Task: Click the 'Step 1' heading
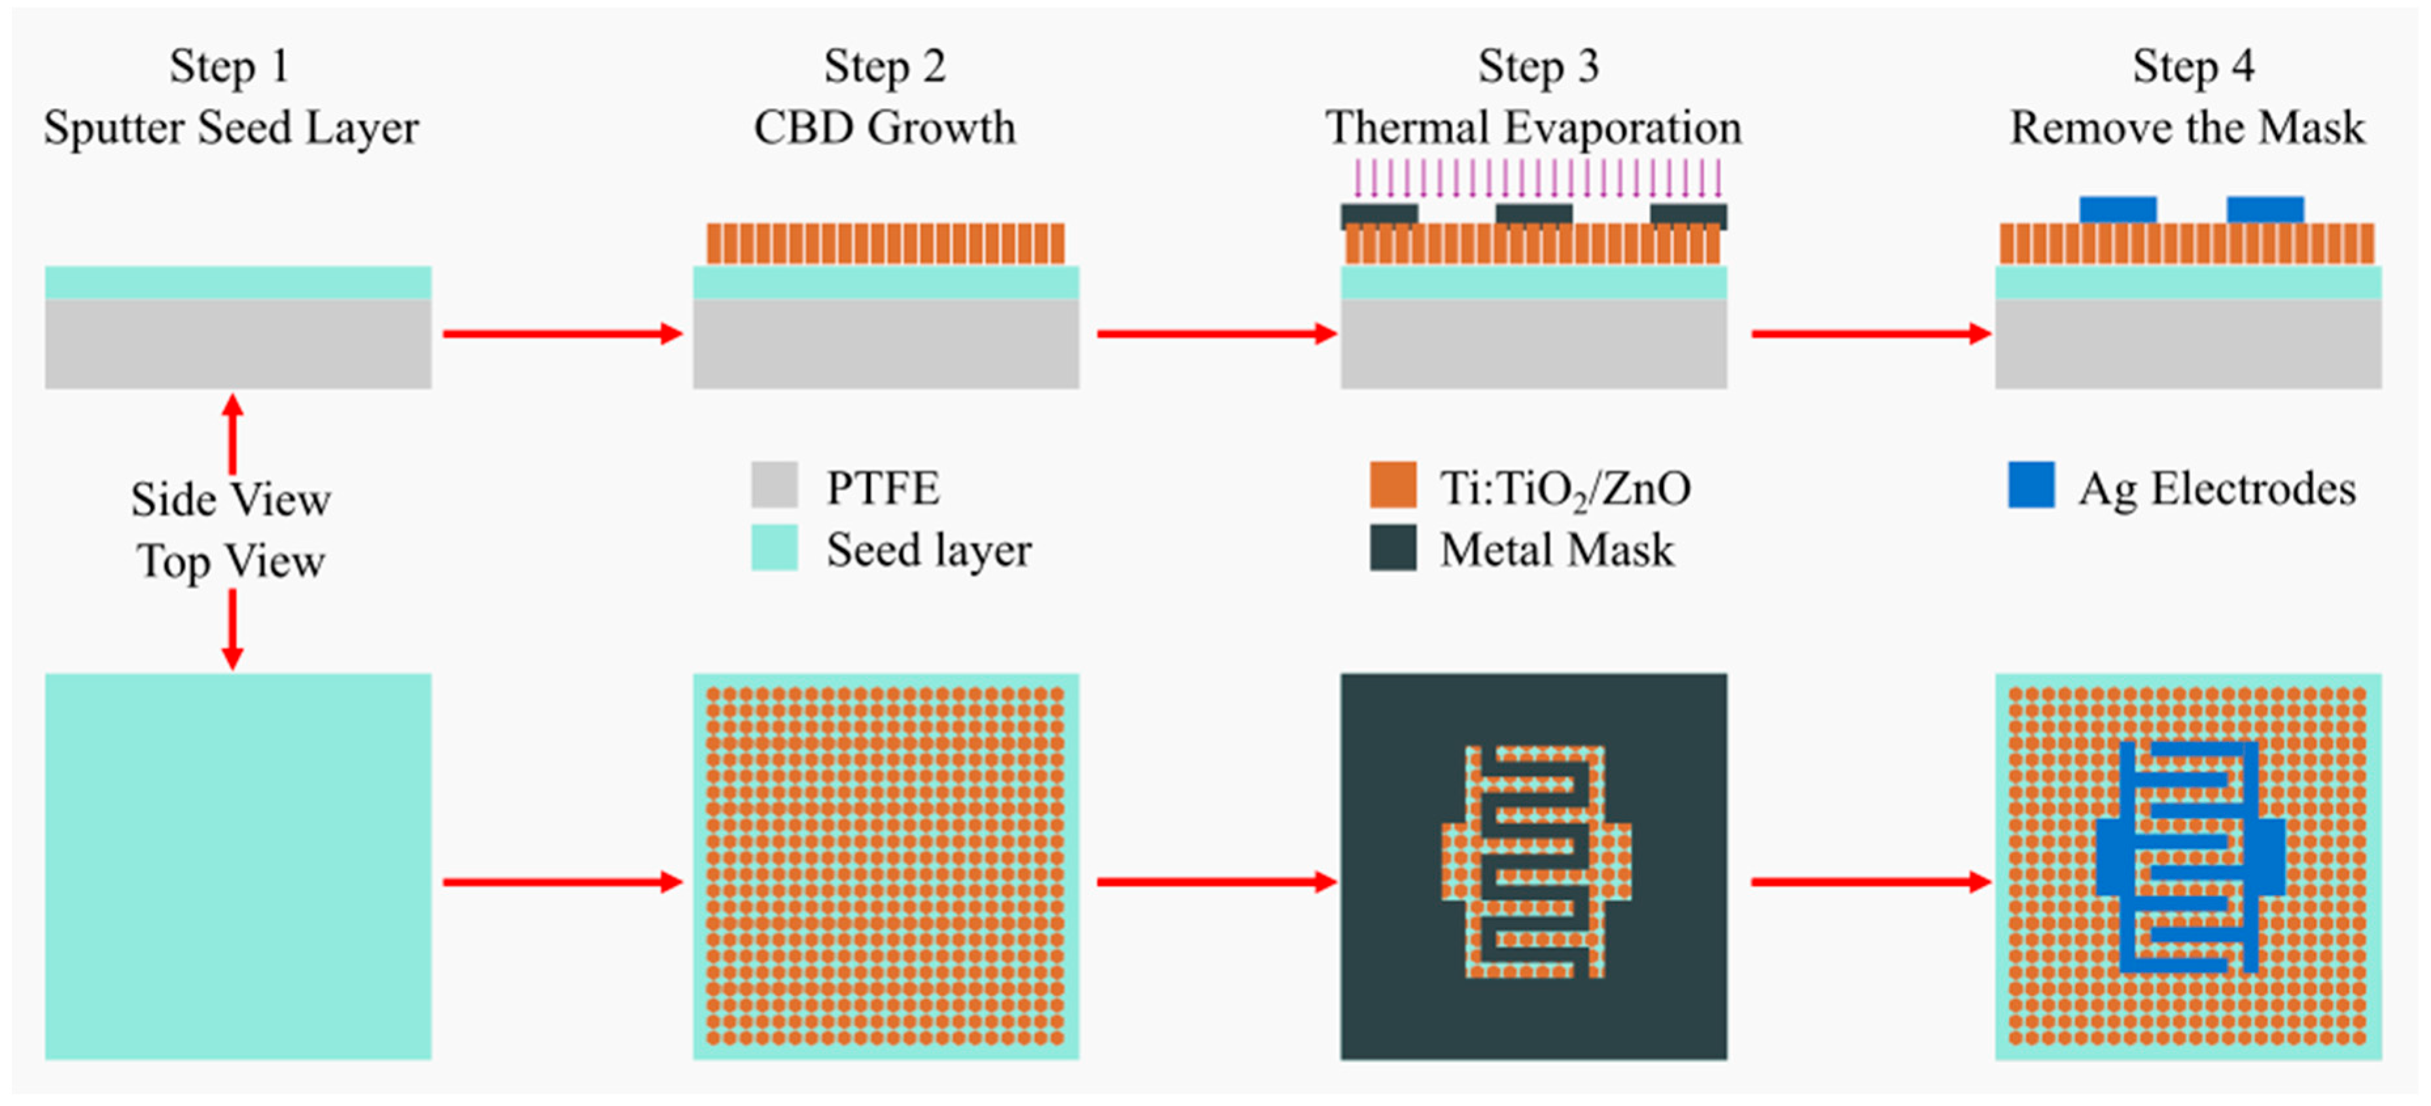(230, 67)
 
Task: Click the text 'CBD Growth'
(884, 128)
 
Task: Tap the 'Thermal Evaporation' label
(1533, 128)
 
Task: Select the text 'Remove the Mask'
(2188, 128)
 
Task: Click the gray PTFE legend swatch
(774, 485)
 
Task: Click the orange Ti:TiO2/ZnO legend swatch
(1393, 485)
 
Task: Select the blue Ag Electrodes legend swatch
(2031, 485)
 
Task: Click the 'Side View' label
(231, 499)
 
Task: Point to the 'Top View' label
(231, 562)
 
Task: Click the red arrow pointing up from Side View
(232, 434)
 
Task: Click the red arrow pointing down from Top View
(232, 630)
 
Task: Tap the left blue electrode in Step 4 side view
(2118, 209)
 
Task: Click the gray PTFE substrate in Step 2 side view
(885, 344)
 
